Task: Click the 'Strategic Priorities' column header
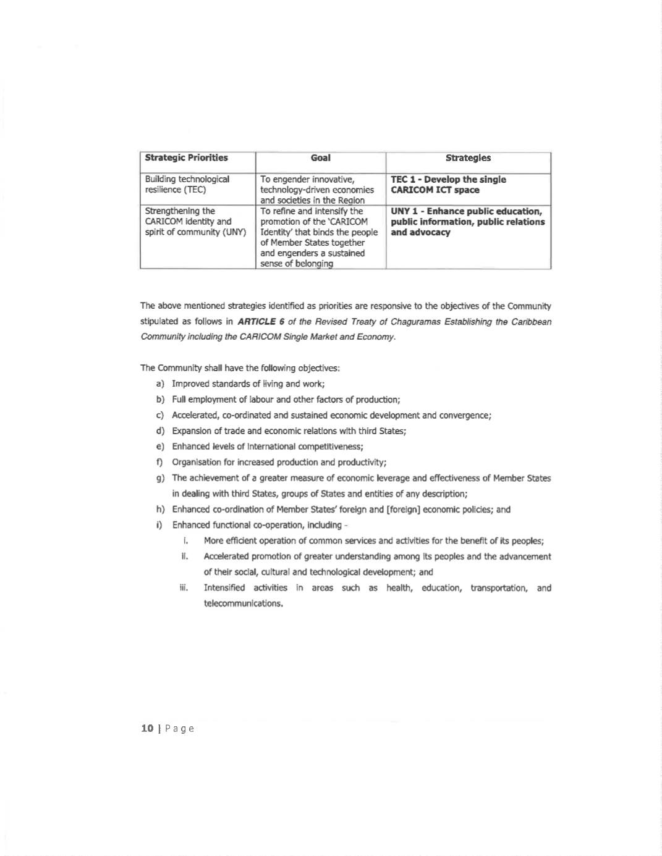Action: coord(186,158)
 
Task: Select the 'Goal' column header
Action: coord(320,158)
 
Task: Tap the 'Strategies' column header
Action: coord(468,158)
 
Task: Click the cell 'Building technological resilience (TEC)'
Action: coord(187,185)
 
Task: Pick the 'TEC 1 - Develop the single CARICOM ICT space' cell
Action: coord(448,185)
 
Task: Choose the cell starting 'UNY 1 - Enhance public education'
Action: coord(468,222)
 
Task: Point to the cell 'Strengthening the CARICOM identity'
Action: coord(195,222)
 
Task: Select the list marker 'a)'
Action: coord(160,384)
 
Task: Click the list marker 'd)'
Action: coord(160,431)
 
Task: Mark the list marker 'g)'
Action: coord(160,478)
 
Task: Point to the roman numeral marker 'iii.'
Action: coord(184,588)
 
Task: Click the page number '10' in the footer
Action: coord(147,729)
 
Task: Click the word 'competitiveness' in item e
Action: coord(331,447)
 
